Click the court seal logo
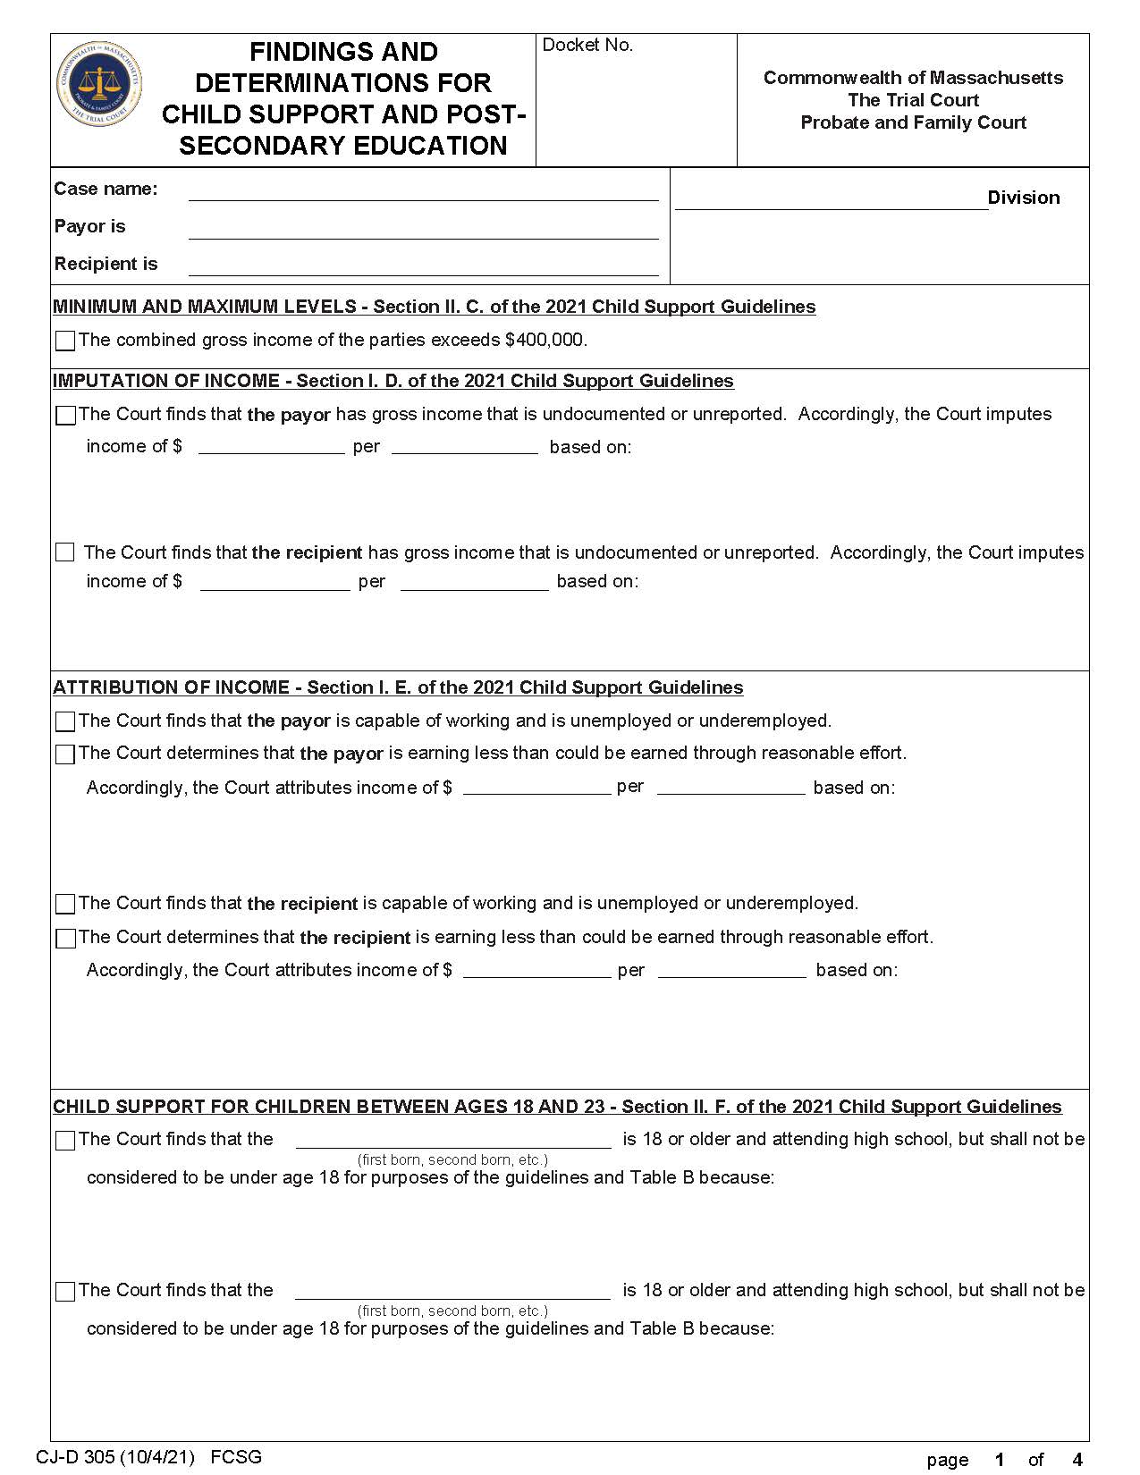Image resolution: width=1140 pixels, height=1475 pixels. [99, 83]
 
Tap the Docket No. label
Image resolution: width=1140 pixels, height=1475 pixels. [587, 46]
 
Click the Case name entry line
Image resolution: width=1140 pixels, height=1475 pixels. [423, 193]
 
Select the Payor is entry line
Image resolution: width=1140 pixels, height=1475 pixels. [423, 231]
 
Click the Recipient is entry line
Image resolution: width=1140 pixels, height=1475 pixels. [423, 267]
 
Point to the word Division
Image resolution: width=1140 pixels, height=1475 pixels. [1023, 198]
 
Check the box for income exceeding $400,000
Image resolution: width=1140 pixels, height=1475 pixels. [65, 341]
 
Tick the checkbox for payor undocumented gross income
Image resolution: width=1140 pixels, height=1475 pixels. [65, 416]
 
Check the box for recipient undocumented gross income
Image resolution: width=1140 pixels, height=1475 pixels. [65, 552]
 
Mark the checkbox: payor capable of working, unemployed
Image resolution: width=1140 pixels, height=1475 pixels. [65, 721]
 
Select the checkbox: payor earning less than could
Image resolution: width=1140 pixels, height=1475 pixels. [65, 754]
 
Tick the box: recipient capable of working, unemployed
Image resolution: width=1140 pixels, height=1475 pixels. [65, 904]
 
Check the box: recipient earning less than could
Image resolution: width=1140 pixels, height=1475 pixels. [65, 938]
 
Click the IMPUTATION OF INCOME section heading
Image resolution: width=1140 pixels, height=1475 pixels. [393, 382]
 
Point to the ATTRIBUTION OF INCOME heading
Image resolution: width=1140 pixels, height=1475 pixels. [398, 688]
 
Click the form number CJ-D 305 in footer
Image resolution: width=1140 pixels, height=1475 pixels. [114, 1457]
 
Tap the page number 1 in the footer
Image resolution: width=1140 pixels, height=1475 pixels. [1000, 1460]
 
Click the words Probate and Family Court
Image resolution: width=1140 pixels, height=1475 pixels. [913, 122]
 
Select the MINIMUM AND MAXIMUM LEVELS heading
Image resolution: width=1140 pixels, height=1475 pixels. [434, 308]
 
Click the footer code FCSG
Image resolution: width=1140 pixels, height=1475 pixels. [236, 1457]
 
